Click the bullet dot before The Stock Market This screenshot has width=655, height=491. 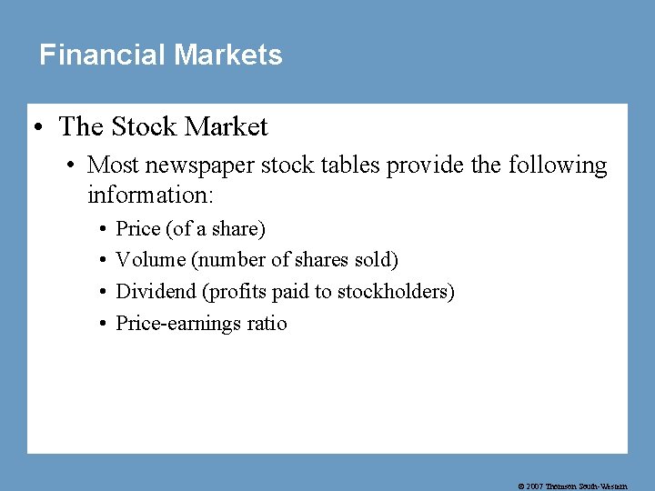pos(41,127)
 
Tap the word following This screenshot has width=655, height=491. pos(558,165)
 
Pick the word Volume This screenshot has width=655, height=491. pos(150,260)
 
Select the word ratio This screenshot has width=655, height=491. pos(267,324)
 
